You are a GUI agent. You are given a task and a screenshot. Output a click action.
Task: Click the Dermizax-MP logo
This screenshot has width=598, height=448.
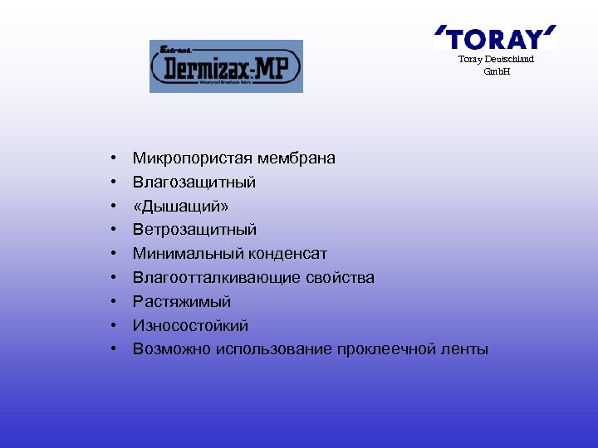tap(226, 66)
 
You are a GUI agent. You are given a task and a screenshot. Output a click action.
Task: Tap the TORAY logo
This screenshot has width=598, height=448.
tap(495, 38)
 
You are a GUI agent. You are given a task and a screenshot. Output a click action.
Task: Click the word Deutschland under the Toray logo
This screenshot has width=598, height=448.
tap(507, 60)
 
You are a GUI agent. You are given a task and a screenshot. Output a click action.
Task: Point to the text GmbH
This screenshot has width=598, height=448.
tap(497, 71)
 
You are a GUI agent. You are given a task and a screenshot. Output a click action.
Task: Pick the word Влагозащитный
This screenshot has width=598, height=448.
tap(194, 182)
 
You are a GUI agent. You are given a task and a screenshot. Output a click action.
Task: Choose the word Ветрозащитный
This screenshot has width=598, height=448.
tap(194, 229)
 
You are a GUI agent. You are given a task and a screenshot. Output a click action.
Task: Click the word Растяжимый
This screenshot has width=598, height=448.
tap(182, 301)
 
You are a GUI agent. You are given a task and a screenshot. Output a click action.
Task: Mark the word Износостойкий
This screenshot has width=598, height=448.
tap(190, 325)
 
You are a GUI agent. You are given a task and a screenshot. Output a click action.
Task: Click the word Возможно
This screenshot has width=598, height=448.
tap(172, 348)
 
